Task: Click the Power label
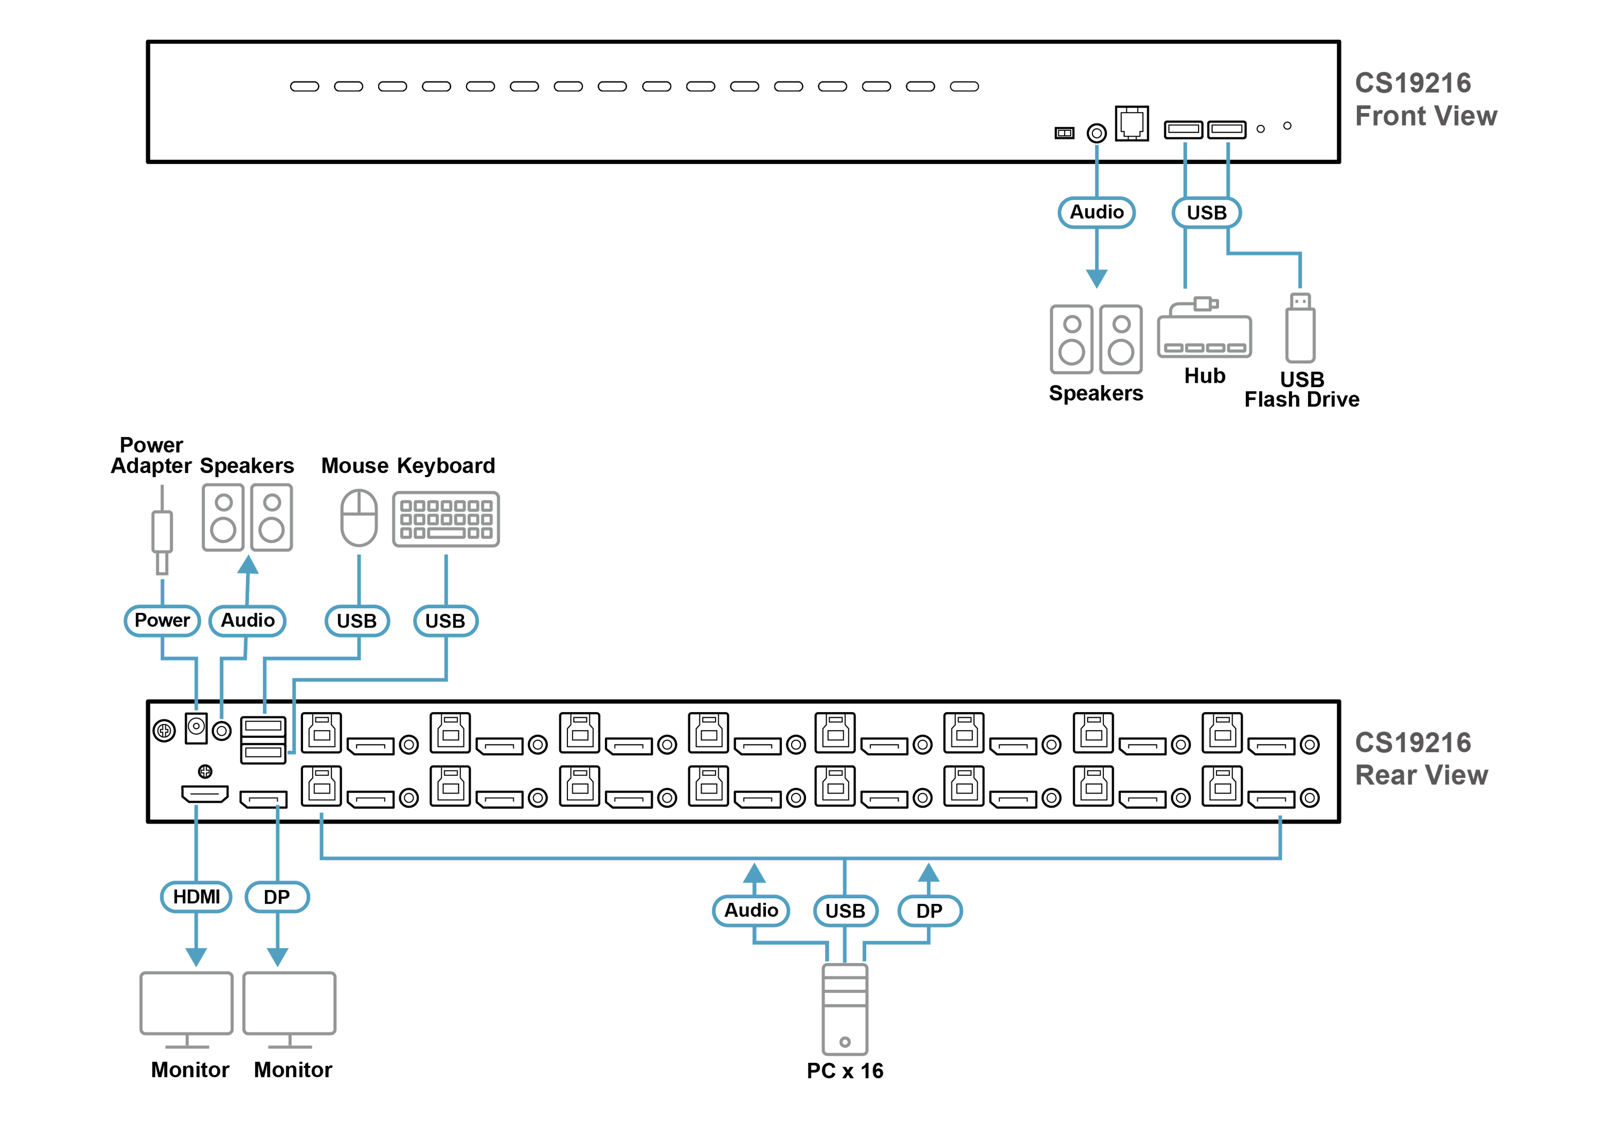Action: click(x=162, y=621)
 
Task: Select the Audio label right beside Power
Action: click(x=247, y=621)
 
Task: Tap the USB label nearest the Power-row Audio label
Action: click(x=357, y=621)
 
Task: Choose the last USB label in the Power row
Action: click(x=446, y=621)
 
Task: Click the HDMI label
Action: click(x=196, y=897)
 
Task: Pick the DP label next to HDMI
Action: click(x=277, y=898)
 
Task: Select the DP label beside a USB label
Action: click(x=929, y=911)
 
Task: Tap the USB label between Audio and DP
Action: click(x=845, y=911)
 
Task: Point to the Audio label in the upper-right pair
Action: click(x=1097, y=212)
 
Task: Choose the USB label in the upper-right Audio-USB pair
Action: click(x=1206, y=213)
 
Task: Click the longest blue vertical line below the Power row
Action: click(x=293, y=732)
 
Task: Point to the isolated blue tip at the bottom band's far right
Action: click(x=1280, y=818)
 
